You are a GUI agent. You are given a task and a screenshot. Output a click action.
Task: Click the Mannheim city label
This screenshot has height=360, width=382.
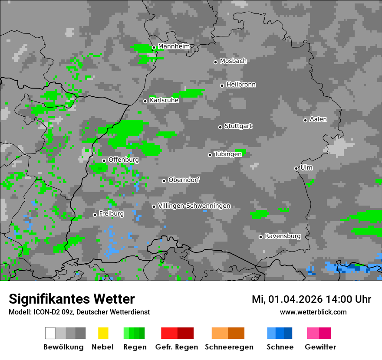174,46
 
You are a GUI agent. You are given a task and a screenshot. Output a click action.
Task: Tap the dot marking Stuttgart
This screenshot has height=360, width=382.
220,127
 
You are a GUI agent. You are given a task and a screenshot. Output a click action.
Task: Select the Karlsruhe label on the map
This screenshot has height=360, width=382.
164,100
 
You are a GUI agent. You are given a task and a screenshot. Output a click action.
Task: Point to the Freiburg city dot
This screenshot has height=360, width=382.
95,215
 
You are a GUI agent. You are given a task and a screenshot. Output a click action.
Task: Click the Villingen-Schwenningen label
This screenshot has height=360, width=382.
194,206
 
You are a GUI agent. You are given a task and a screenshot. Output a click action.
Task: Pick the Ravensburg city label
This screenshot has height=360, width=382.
283,236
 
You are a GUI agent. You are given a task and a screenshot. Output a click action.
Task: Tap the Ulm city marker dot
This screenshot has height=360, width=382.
296,168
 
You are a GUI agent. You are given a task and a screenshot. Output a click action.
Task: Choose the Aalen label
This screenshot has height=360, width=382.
318,119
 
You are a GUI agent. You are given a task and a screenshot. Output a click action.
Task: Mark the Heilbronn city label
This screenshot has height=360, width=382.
241,85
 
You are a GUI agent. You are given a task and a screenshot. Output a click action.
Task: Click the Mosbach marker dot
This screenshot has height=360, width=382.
215,62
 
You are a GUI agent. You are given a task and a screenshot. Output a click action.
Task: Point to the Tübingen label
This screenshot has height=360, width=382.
228,154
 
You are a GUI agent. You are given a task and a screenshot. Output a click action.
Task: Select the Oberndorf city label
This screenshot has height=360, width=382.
184,180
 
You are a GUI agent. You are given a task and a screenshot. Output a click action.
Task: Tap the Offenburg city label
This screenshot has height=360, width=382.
124,160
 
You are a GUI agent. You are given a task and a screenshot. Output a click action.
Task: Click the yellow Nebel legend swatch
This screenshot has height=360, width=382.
103,333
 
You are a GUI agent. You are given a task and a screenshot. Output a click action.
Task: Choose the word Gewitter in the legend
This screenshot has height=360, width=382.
320,347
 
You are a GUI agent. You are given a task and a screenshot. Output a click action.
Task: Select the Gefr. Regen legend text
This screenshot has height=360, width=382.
177,347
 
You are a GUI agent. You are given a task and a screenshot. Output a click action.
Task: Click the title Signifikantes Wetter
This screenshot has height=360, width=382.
72,299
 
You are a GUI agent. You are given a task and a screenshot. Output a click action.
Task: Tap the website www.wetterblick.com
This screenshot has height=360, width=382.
313,312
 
